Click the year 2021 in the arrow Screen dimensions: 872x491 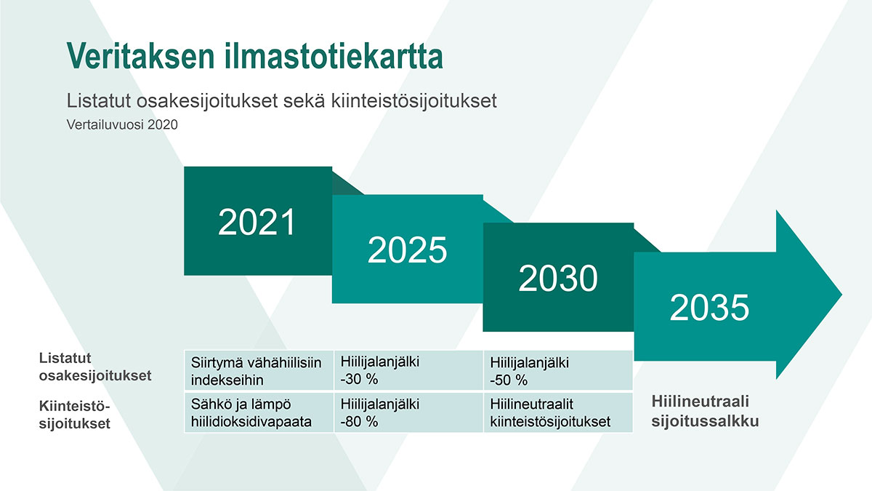pos(257,222)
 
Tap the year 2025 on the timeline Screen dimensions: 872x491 pos(407,250)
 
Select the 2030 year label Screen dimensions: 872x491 pos(558,278)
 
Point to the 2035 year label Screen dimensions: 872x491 pos(709,308)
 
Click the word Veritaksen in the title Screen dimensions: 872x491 pos(140,56)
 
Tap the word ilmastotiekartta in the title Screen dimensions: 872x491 pos(334,56)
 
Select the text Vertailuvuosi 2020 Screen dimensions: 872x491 pos(122,124)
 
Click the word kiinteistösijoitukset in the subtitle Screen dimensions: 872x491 pos(413,100)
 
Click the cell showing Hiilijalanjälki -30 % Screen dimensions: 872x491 pos(408,370)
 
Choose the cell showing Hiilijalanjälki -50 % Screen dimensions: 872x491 pos(558,370)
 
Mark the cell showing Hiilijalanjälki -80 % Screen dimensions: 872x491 pos(408,412)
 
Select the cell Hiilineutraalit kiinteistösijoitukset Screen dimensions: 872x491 pos(558,412)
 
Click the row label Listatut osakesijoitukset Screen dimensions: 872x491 pos(95,367)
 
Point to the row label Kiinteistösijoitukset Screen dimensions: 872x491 pos(75,415)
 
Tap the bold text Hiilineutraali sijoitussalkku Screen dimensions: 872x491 pos(706,411)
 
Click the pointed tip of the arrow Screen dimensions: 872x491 pos(841,295)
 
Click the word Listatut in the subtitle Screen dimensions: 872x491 pos(99,100)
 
